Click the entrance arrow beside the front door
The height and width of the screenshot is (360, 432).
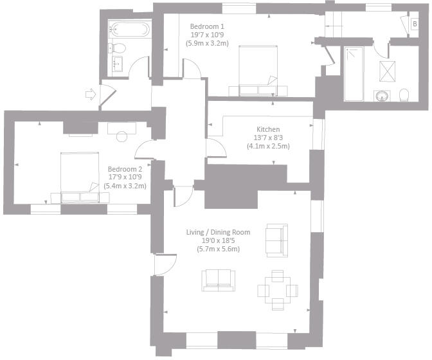tap(90, 94)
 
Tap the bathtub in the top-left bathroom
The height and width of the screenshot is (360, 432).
tap(129, 30)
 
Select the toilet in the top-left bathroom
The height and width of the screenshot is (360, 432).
tap(118, 47)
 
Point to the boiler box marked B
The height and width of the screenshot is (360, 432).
tap(415, 24)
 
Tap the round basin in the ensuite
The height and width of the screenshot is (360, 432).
tap(382, 96)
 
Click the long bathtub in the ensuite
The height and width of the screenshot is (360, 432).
tap(354, 73)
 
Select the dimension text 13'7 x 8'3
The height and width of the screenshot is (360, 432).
tap(267, 138)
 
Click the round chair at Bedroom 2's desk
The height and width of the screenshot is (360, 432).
tap(121, 136)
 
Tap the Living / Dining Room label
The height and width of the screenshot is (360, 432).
tap(218, 232)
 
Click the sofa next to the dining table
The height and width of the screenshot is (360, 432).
tap(218, 278)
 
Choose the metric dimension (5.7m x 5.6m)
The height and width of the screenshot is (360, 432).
tap(218, 249)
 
